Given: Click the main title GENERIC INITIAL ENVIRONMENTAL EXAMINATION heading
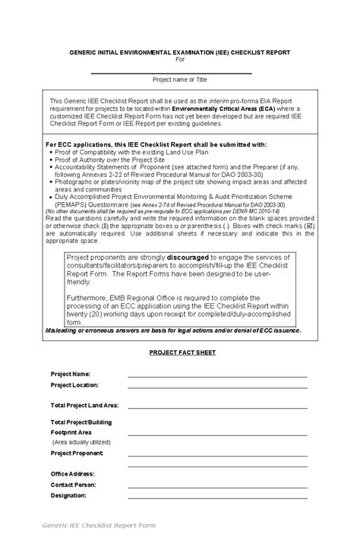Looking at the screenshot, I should [x=180, y=52].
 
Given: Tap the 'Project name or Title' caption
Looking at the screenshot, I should [x=180, y=79].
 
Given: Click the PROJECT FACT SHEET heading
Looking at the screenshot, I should [x=182, y=352].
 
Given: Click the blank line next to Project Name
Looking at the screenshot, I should [x=217, y=375].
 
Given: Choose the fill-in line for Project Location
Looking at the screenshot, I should [x=217, y=387].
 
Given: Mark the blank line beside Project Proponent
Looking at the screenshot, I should [x=217, y=454].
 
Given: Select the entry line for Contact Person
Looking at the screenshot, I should [x=217, y=485].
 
